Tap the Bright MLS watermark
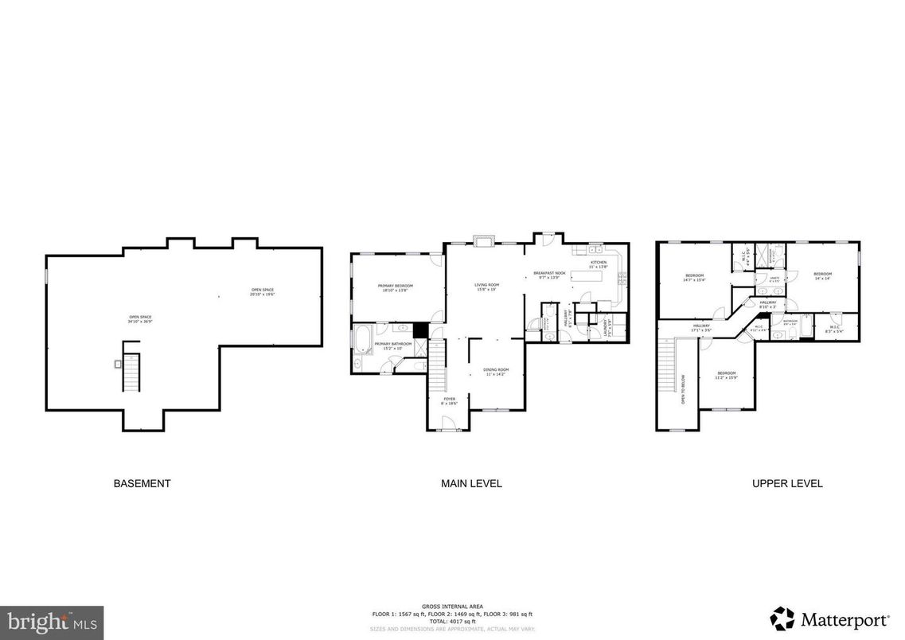tap(52, 622)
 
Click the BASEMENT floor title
tap(142, 483)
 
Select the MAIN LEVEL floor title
tap(471, 483)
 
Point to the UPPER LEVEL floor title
tap(787, 483)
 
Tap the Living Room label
tap(486, 287)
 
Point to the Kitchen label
tap(599, 264)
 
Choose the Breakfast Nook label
tap(549, 275)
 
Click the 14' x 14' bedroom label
tap(822, 276)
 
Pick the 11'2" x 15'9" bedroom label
tap(727, 376)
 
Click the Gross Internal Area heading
tap(452, 607)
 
